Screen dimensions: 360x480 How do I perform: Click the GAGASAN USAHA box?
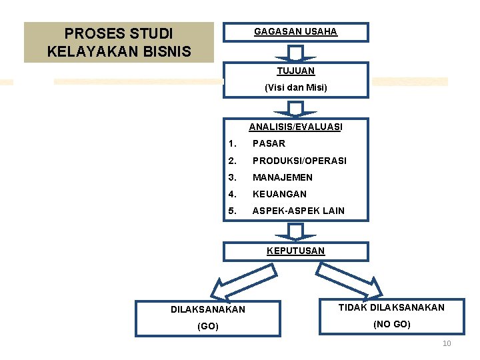click(295, 32)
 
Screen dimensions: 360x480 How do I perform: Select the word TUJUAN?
click(295, 71)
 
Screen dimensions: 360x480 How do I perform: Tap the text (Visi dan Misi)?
click(295, 87)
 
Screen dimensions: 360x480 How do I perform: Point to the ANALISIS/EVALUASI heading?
click(295, 127)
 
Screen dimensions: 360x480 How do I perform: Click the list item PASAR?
click(269, 143)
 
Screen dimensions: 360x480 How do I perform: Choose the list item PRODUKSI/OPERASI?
click(299, 161)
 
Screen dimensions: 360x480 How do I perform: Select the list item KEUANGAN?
click(279, 194)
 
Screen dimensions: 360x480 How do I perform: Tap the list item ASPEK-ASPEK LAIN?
click(298, 211)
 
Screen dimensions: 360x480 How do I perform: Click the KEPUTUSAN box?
click(295, 251)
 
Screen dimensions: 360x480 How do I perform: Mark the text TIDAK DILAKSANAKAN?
click(391, 307)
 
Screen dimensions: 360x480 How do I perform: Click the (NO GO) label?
click(391, 324)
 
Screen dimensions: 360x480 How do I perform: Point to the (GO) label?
click(208, 326)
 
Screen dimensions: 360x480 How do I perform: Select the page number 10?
click(447, 343)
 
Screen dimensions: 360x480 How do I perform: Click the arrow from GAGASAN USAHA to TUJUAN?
click(295, 53)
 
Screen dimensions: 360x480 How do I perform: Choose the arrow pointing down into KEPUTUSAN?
click(295, 231)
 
